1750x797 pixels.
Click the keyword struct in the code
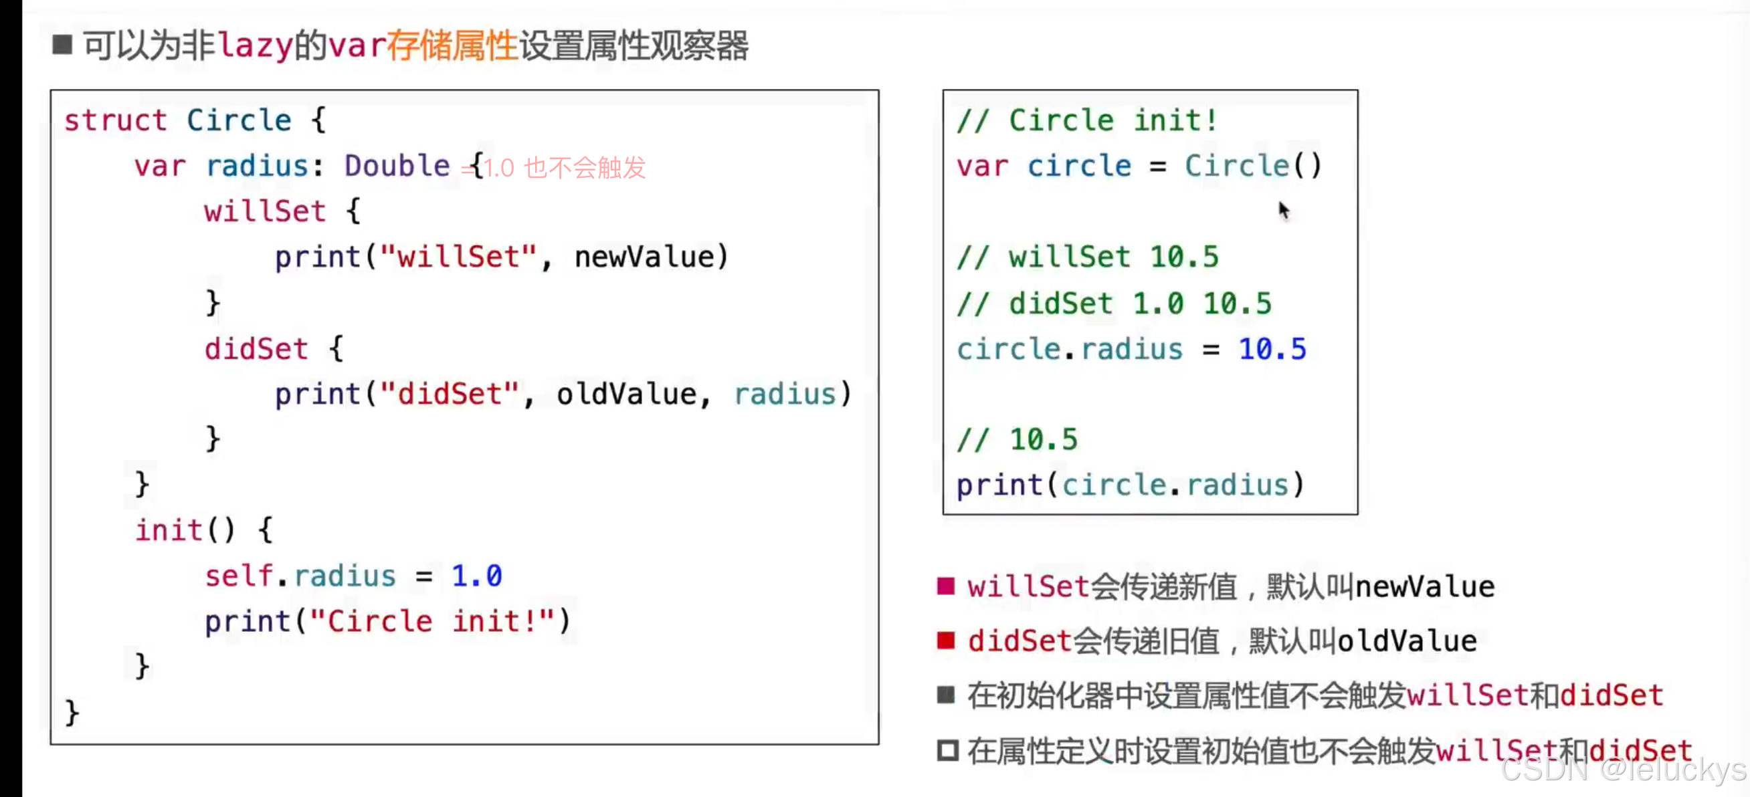(115, 121)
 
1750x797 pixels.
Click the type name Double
(397, 166)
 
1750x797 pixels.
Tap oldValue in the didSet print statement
(625, 394)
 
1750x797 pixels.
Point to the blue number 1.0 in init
(476, 576)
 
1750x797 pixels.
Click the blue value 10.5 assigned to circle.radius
(1272, 350)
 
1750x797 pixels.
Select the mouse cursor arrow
(1282, 210)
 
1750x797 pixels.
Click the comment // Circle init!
(1087, 121)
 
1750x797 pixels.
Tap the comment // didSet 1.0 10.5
(1113, 304)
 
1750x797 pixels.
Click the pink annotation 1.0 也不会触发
(565, 168)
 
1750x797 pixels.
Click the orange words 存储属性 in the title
(452, 46)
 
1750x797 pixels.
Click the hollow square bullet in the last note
(947, 750)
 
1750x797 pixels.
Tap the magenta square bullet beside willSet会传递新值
(946, 586)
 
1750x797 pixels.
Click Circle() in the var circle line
(1254, 166)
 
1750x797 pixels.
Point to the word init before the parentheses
(168, 530)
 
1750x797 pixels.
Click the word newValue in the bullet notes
(1425, 586)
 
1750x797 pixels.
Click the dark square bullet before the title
(62, 45)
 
